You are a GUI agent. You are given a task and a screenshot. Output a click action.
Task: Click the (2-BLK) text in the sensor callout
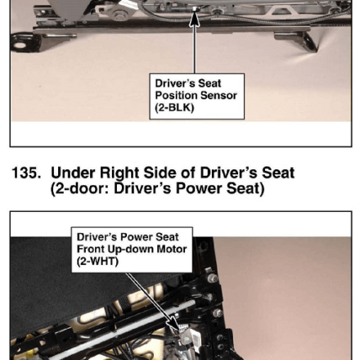point(174,107)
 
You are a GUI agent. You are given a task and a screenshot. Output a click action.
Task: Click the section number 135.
point(26,173)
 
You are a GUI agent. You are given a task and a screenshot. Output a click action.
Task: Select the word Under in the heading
point(73,173)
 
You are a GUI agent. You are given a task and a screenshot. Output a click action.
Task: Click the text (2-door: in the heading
point(80,189)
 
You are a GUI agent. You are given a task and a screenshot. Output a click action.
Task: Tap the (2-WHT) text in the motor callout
point(97,262)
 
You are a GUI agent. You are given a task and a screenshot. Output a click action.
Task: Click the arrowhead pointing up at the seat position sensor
point(194,18)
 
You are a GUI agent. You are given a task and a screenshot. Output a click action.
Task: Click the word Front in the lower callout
point(91,249)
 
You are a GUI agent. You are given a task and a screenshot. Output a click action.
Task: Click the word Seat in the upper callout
point(209,83)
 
